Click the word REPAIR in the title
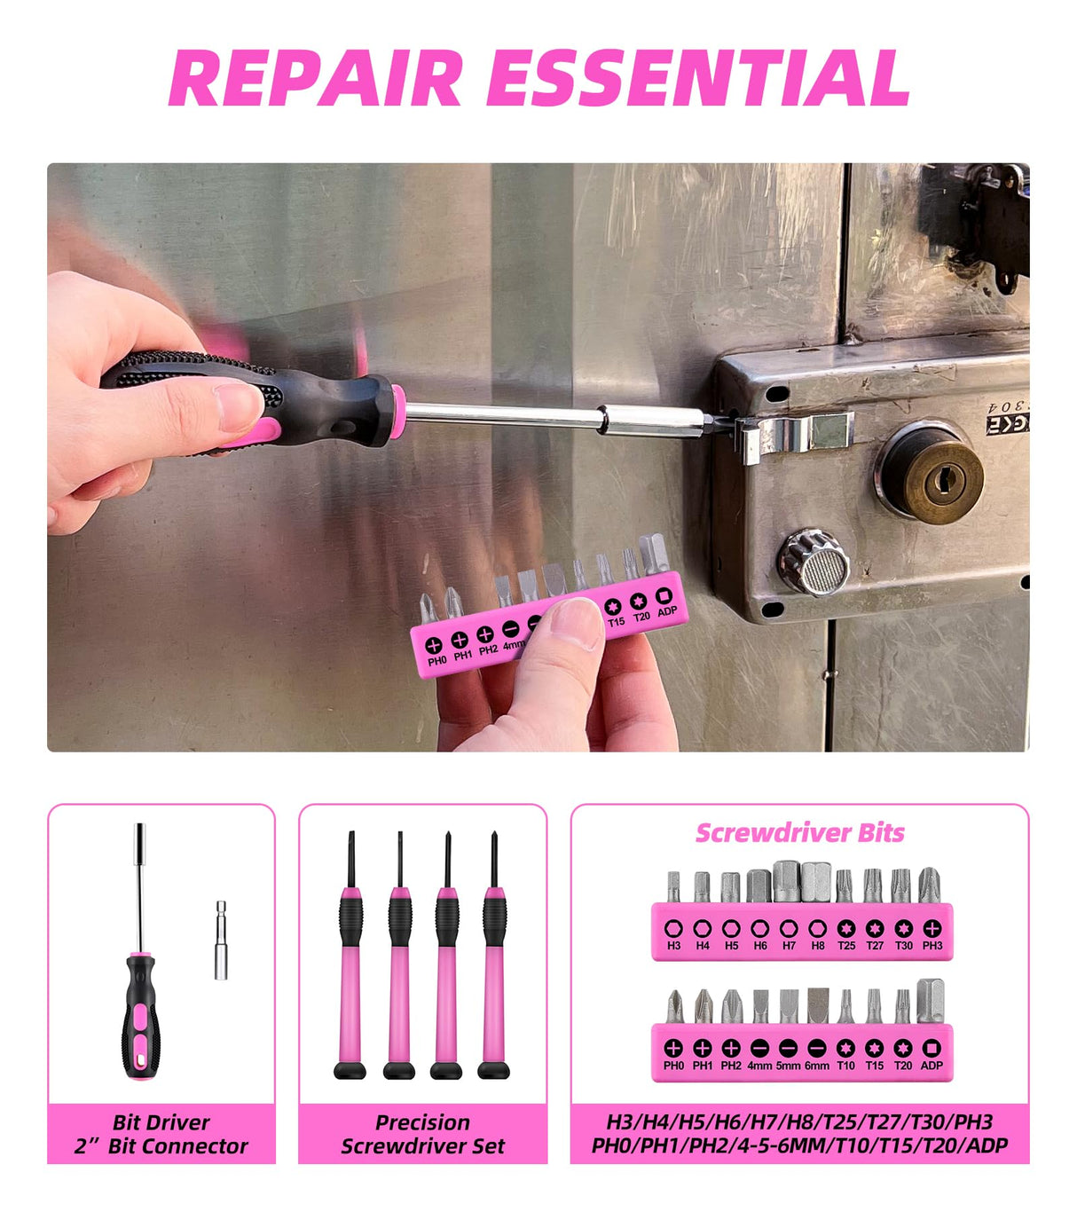click(x=316, y=78)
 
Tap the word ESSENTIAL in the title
click(x=698, y=78)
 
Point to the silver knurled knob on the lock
click(x=814, y=562)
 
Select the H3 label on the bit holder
click(x=673, y=946)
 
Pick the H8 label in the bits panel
click(x=817, y=946)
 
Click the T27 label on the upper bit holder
click(x=875, y=946)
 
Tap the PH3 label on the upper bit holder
click(x=932, y=946)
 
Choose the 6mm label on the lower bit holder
click(x=817, y=1066)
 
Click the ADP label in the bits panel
click(x=932, y=1066)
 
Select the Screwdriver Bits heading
click(x=799, y=833)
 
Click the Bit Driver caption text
click(x=161, y=1122)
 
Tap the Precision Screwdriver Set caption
click(x=422, y=1134)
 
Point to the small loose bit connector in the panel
click(x=221, y=940)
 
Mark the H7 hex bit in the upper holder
click(x=788, y=882)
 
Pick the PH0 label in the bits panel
click(x=673, y=1066)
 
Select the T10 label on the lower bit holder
click(x=846, y=1066)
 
